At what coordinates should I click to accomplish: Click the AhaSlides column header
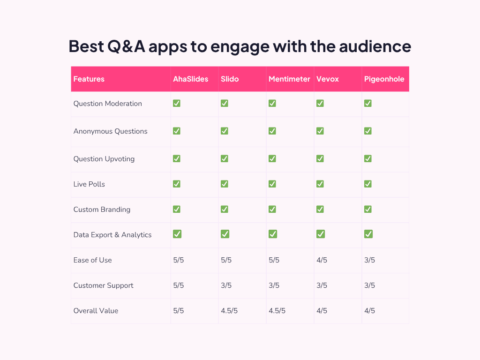click(190, 79)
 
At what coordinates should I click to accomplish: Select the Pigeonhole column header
click(384, 79)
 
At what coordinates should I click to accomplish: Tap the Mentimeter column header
click(289, 79)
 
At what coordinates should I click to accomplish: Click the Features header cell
click(89, 79)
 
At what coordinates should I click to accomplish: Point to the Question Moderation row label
click(108, 104)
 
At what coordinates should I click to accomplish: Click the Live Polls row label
click(89, 184)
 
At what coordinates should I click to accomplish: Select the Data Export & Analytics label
click(112, 235)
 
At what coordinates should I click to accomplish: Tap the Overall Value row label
click(96, 311)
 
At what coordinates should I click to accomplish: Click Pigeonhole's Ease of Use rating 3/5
click(369, 260)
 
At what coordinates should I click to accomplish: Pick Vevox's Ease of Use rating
click(322, 260)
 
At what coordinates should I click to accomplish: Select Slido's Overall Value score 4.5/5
click(229, 311)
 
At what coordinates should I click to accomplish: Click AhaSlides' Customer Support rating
click(178, 285)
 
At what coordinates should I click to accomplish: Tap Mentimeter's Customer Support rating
click(274, 285)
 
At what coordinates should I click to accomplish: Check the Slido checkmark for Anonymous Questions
click(225, 131)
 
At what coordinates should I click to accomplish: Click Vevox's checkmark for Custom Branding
click(320, 210)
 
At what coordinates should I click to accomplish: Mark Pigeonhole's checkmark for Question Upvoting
click(368, 159)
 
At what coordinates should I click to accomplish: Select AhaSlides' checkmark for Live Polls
click(177, 184)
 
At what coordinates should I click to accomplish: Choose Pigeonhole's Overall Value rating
click(369, 311)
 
